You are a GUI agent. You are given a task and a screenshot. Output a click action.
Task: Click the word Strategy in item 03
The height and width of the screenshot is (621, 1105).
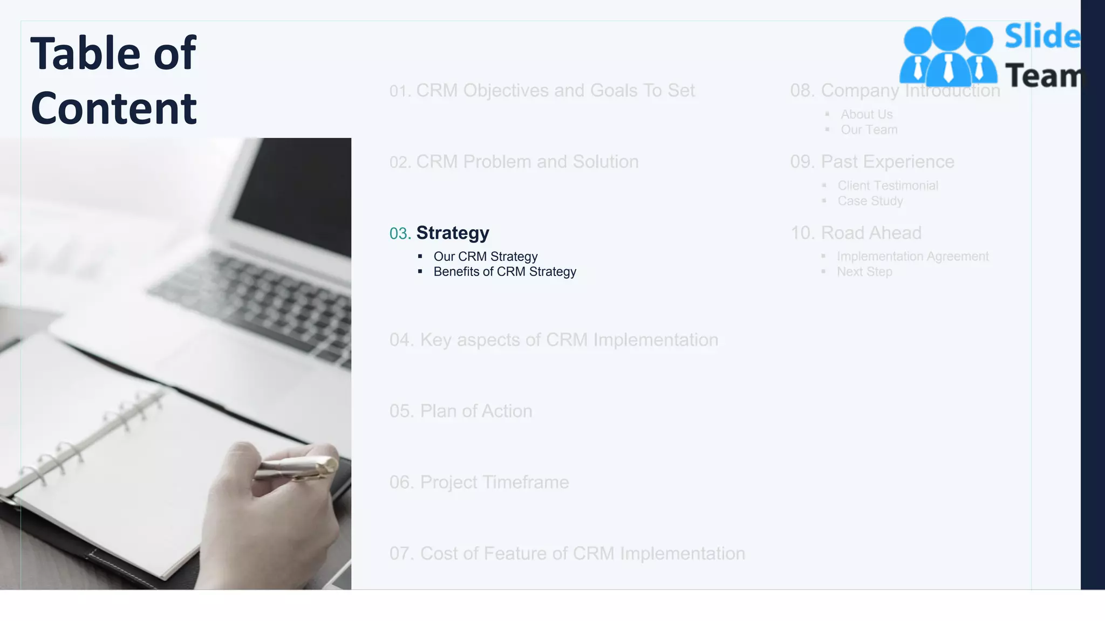point(453,233)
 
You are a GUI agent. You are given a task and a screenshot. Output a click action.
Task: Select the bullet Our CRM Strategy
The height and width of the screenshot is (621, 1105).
point(485,257)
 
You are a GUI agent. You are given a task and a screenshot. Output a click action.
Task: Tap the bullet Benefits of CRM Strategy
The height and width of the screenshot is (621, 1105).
point(504,272)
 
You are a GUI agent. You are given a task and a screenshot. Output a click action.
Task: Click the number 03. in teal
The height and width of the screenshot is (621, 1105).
point(400,233)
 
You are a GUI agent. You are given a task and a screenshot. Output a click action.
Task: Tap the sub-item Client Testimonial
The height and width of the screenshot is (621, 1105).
point(888,185)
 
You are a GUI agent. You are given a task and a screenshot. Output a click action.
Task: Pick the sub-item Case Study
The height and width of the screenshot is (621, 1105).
point(870,201)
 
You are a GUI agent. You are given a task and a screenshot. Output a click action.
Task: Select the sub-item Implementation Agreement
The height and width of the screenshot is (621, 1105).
point(912,257)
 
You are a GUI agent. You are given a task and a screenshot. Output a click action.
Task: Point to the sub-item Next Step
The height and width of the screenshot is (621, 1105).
point(864,272)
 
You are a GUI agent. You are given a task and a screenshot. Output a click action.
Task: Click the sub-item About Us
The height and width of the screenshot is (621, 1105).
point(867,114)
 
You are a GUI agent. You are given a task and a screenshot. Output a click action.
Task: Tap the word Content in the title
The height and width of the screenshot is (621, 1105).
point(114,108)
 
